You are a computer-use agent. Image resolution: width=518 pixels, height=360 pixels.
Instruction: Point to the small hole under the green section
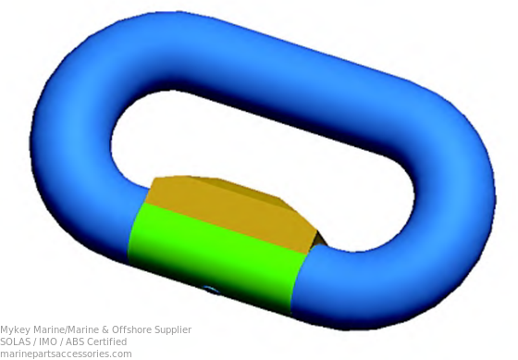[212, 291]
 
